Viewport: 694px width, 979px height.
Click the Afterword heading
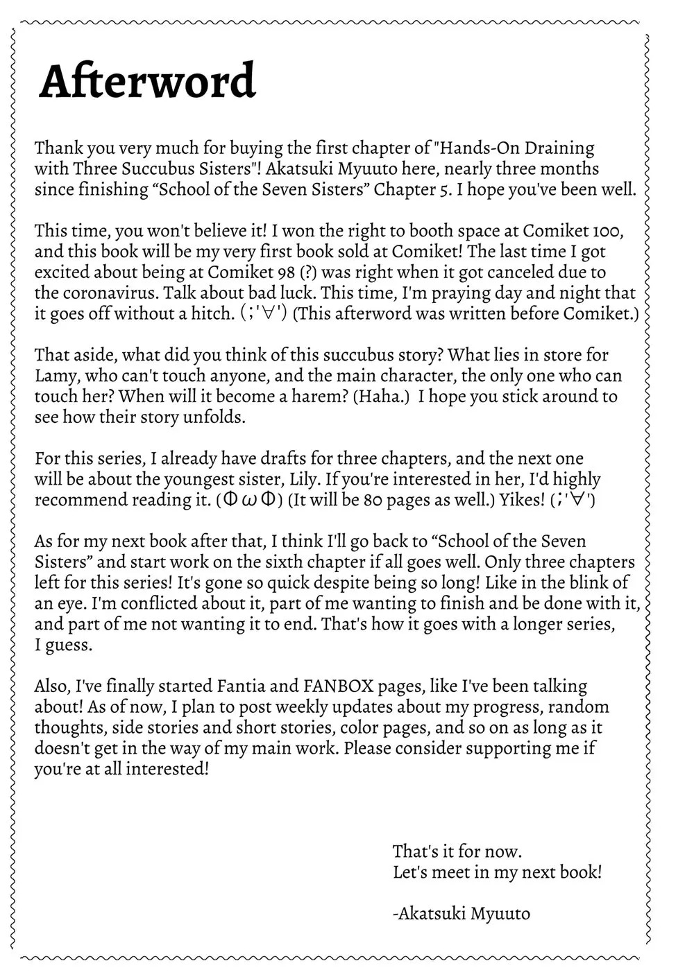pos(148,82)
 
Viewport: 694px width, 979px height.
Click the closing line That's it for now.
pos(457,851)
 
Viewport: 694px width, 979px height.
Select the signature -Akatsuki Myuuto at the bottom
pos(462,913)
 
